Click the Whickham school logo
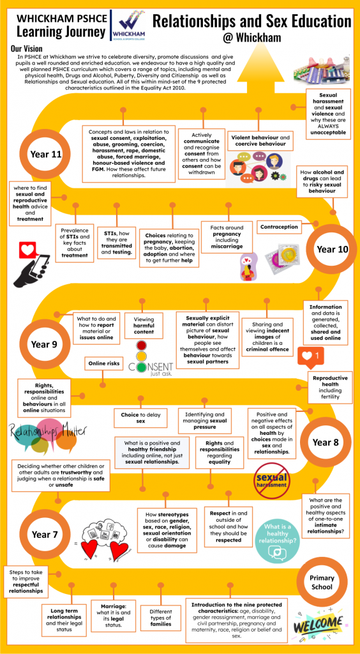point(128,26)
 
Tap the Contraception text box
point(279,227)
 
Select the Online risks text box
point(104,363)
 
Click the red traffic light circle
point(142,346)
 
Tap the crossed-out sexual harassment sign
point(272,480)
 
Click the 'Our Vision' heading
point(27,49)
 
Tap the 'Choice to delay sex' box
point(141,418)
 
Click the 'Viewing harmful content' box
point(144,325)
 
